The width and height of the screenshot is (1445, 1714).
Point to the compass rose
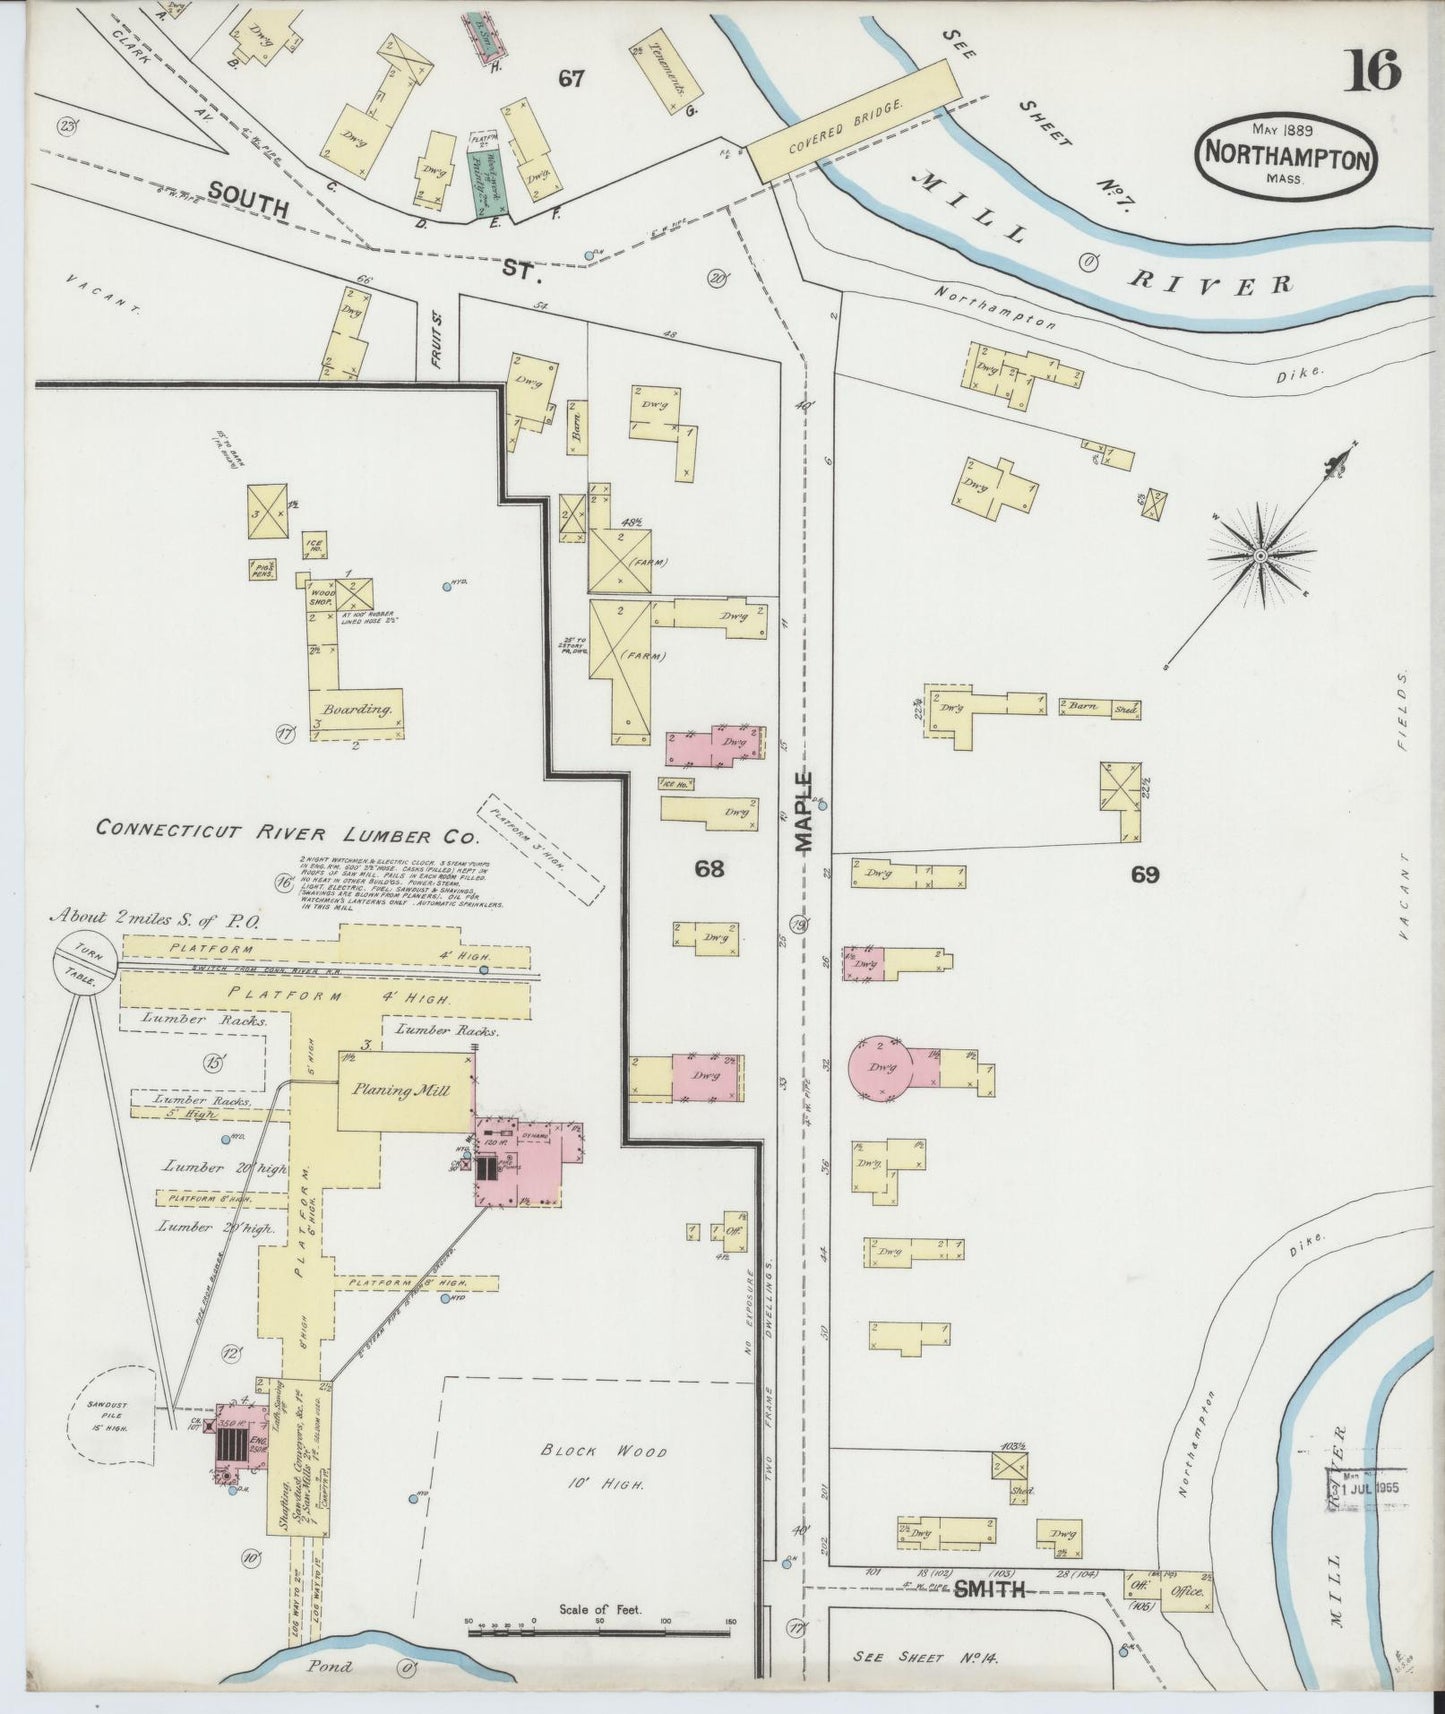tap(1261, 554)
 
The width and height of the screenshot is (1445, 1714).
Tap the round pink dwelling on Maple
tap(881, 1068)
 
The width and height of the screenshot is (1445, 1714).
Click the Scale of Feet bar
tap(609, 1632)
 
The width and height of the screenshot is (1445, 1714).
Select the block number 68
tap(709, 868)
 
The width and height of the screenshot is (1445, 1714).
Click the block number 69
tap(1145, 875)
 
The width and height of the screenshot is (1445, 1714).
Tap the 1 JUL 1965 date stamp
tap(1365, 1487)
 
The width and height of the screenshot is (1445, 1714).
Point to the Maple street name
tap(806, 810)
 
